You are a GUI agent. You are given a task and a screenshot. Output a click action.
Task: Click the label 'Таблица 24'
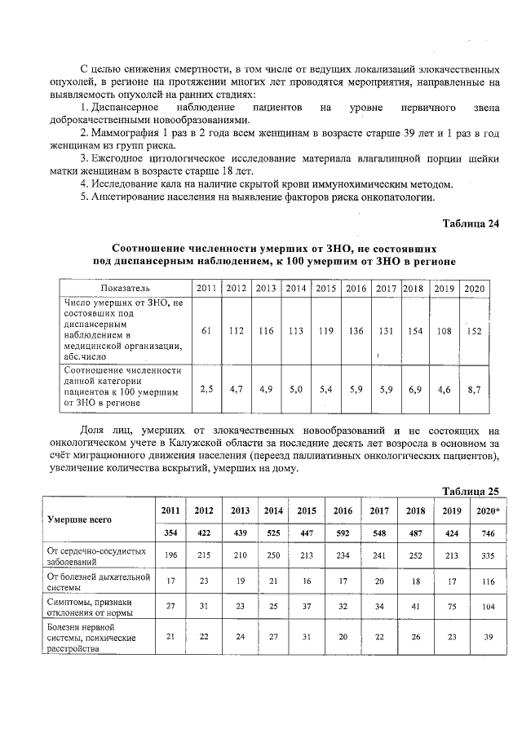click(x=470, y=223)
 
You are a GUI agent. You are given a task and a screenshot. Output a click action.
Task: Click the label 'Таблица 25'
click(x=470, y=491)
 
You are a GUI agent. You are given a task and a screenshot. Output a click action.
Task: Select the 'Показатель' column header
click(x=125, y=288)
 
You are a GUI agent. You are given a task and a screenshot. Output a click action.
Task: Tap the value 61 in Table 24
click(x=206, y=330)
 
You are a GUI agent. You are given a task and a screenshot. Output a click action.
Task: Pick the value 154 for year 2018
click(x=415, y=330)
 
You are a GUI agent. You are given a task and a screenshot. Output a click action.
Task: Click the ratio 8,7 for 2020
click(x=473, y=390)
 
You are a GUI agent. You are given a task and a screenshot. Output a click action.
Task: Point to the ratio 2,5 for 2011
click(x=206, y=390)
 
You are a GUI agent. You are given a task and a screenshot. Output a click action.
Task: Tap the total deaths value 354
click(x=170, y=532)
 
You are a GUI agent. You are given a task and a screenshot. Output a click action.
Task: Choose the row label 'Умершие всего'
click(x=79, y=519)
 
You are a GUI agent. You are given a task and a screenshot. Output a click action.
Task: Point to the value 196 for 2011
click(x=170, y=556)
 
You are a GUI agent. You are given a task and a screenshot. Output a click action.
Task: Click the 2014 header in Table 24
click(x=295, y=288)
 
